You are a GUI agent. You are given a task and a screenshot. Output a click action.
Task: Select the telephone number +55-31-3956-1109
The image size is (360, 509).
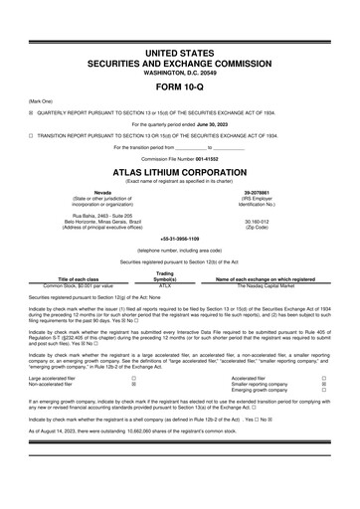(180, 240)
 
